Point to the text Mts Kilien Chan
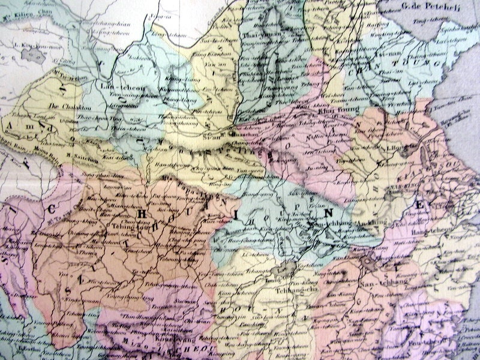pyautogui.click(x=17, y=10)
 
